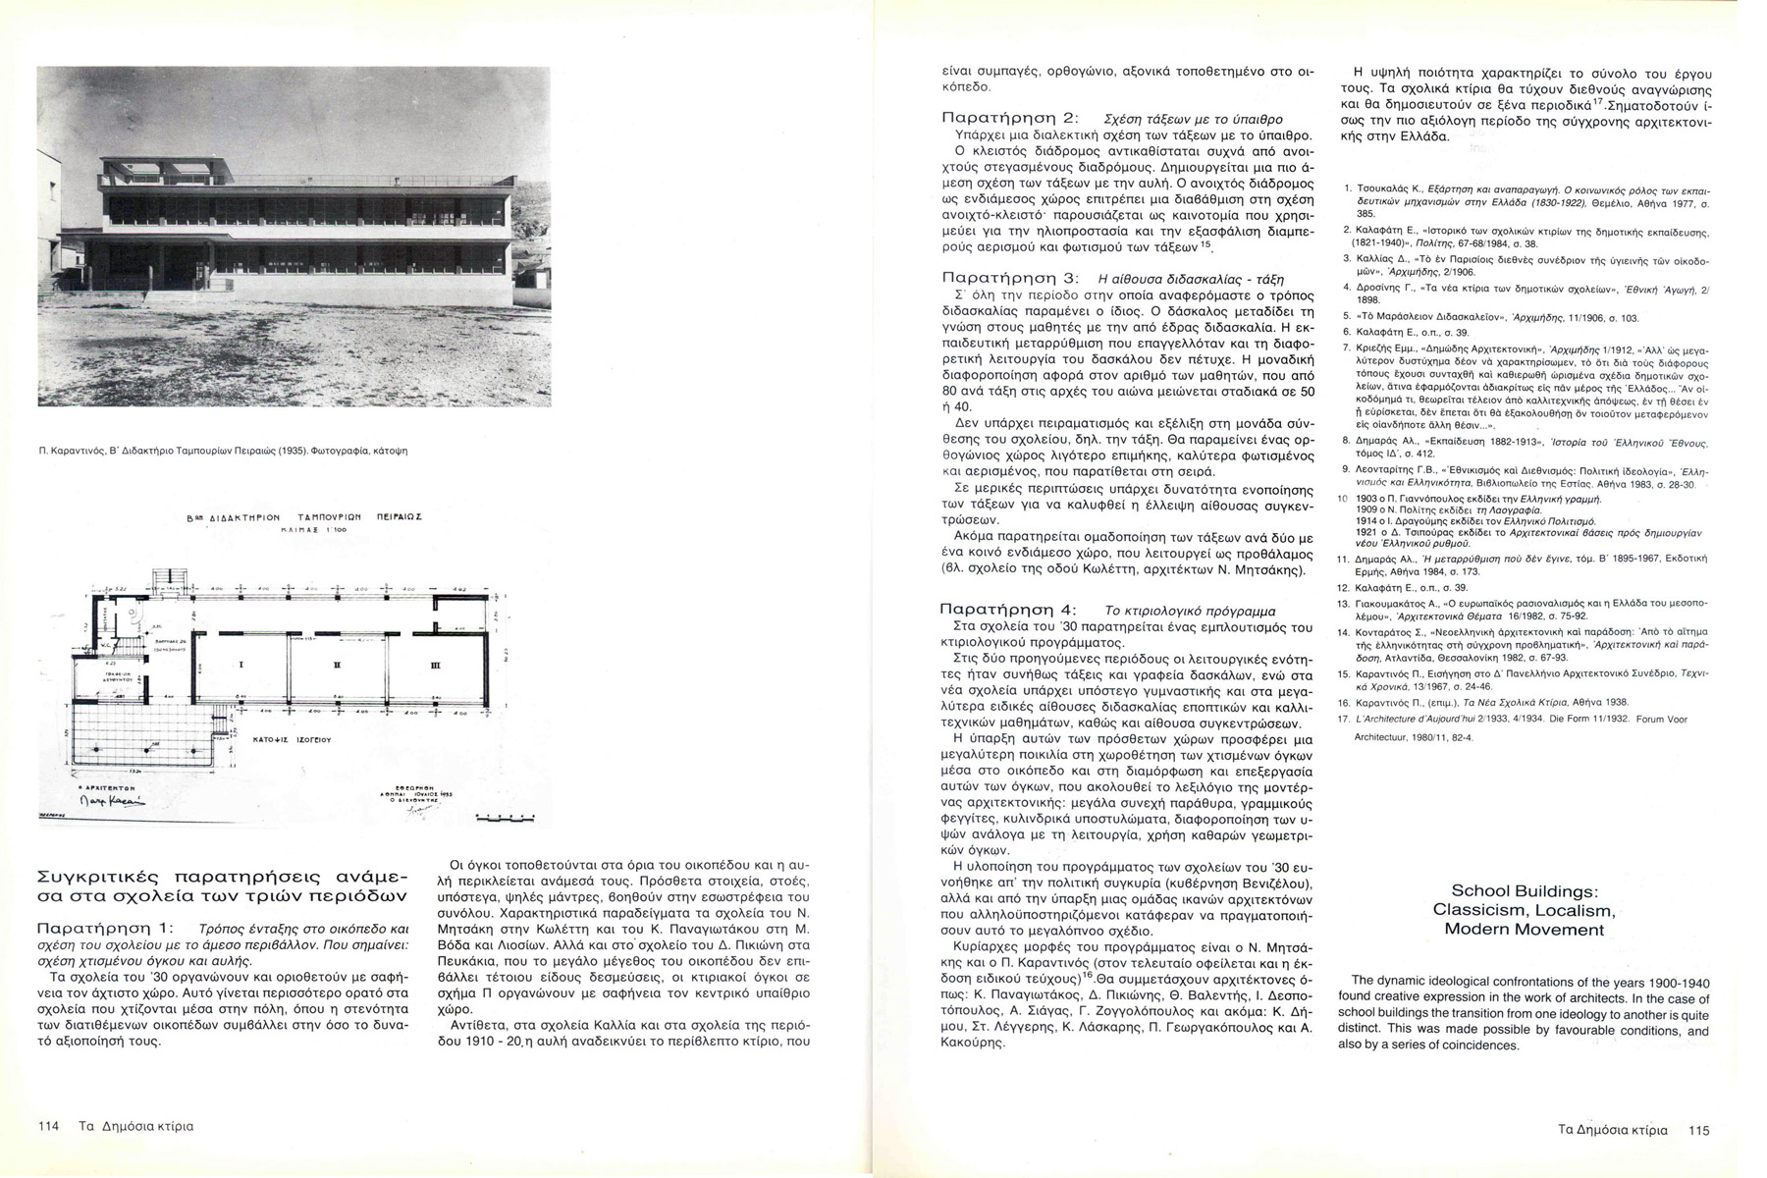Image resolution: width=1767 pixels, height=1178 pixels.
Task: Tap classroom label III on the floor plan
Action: click(x=435, y=665)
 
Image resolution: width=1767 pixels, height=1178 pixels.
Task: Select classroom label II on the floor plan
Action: click(x=337, y=665)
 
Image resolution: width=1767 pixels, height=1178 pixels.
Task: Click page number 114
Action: click(x=49, y=1126)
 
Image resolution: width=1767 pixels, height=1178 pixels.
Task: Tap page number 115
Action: click(x=1698, y=1130)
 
